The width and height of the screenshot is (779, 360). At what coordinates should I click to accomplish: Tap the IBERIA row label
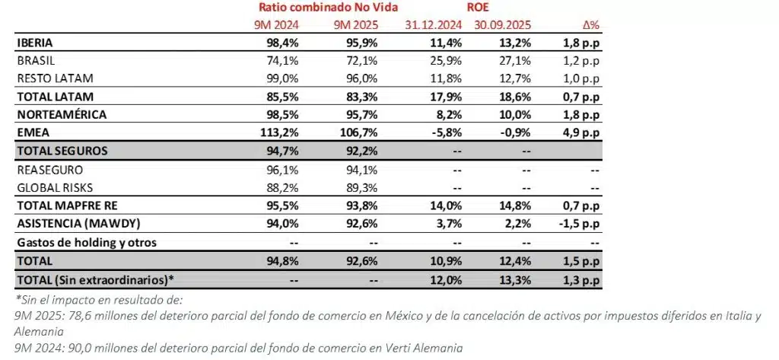click(x=33, y=43)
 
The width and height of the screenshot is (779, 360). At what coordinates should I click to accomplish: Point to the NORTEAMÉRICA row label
click(x=62, y=114)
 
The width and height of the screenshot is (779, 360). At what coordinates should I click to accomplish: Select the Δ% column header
click(x=587, y=26)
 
